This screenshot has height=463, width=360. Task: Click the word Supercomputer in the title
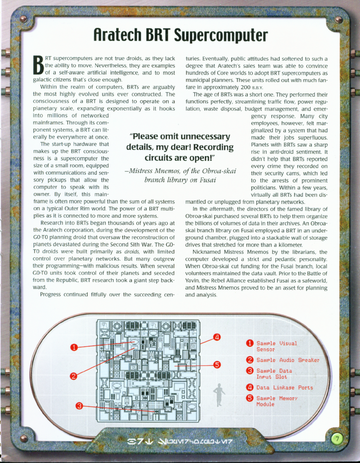[x=216, y=34]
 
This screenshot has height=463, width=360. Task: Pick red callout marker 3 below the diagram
[x=79, y=405]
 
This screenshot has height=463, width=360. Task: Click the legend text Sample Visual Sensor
[x=276, y=346]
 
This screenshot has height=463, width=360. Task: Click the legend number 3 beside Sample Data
[x=250, y=371]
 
